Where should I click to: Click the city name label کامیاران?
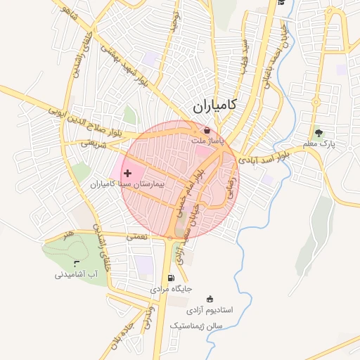click(214, 107)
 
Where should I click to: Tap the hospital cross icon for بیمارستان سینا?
click(127, 173)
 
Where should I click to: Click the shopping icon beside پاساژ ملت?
click(206, 130)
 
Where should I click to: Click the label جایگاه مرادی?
click(169, 289)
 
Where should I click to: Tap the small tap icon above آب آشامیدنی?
click(86, 263)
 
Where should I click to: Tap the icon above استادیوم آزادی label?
click(209, 299)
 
